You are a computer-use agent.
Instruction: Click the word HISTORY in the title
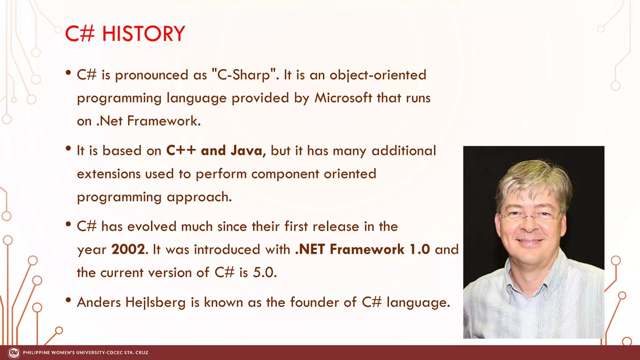pyautogui.click(x=143, y=34)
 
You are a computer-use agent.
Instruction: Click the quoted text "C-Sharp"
pyautogui.click(x=244, y=75)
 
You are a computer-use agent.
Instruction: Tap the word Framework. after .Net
pyautogui.click(x=164, y=121)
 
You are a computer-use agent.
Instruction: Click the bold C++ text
pyautogui.click(x=181, y=151)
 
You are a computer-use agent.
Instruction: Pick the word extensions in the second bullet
pyautogui.click(x=109, y=174)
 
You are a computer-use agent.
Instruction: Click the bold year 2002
pyautogui.click(x=128, y=249)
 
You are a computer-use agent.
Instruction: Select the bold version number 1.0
pyautogui.click(x=420, y=249)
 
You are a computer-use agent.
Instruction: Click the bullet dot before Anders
pyautogui.click(x=68, y=300)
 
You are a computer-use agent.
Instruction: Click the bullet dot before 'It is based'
pyautogui.click(x=68, y=149)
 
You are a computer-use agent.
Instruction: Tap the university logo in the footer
pyautogui.click(x=14, y=353)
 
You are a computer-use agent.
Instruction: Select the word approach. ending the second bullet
pyautogui.click(x=199, y=197)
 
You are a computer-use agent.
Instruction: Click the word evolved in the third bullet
pyautogui.click(x=152, y=226)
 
